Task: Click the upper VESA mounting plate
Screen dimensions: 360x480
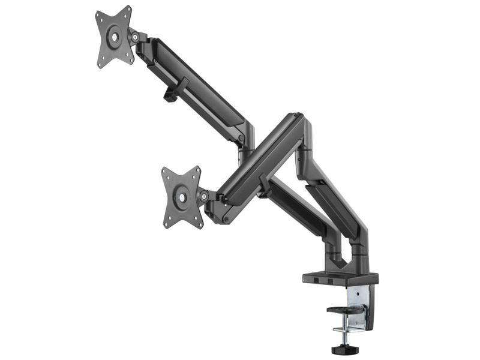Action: coord(113,37)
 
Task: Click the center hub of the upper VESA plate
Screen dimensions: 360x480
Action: coord(113,37)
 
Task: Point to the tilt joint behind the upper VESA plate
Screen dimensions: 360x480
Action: coord(136,37)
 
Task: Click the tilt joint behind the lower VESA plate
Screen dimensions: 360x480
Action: coord(205,196)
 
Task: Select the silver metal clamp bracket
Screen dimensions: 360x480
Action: coord(359,306)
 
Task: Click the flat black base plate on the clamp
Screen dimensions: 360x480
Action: coord(340,278)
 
